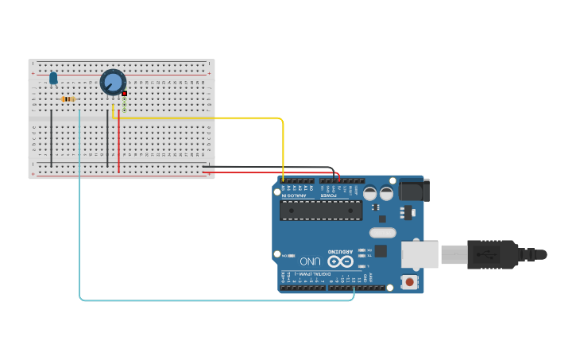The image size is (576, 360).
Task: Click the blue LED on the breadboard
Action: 53,78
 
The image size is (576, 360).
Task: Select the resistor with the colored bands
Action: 68,99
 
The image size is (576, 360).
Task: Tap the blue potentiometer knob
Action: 113,82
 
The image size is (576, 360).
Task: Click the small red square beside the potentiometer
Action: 125,94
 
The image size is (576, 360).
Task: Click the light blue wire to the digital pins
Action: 215,300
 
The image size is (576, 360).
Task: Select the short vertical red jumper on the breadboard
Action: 119,143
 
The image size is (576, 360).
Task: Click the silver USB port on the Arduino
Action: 419,254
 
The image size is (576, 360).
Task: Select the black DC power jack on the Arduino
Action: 414,190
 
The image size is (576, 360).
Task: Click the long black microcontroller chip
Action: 321,210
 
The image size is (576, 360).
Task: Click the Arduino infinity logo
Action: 340,261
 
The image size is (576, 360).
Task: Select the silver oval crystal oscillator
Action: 382,233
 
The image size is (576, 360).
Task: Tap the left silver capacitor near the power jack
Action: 370,193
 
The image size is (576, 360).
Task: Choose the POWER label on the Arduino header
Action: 328,195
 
